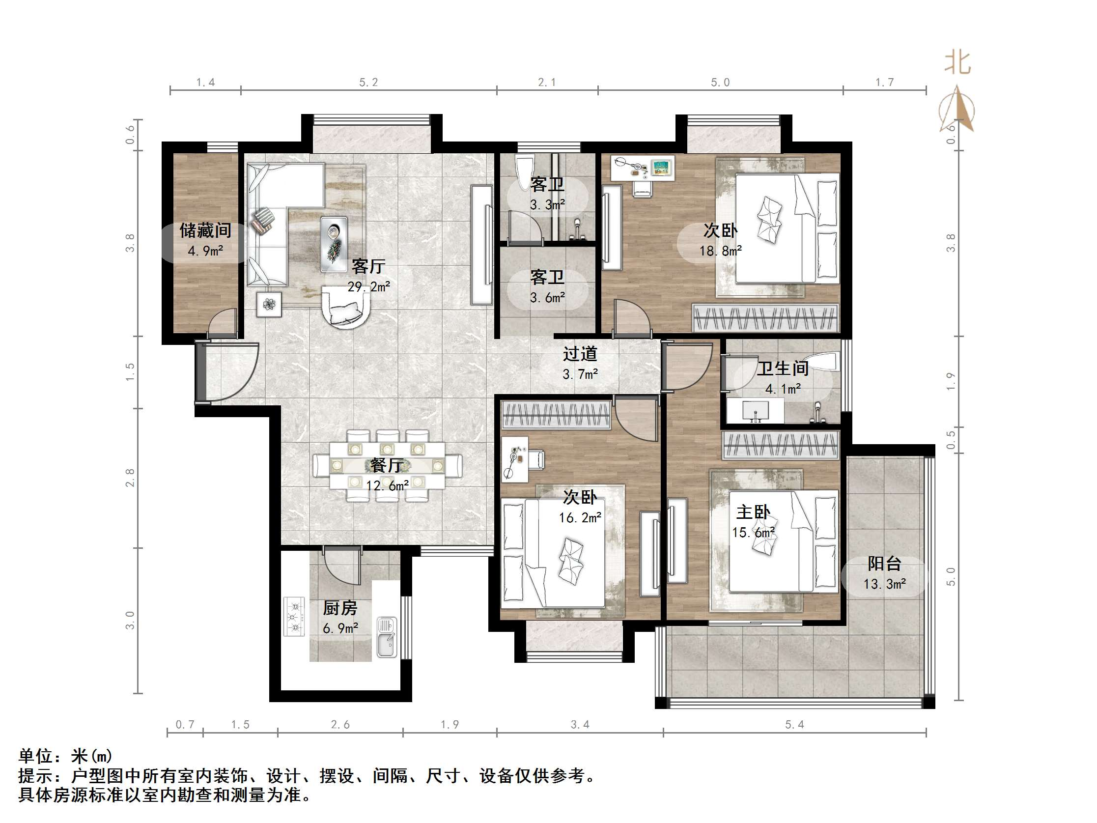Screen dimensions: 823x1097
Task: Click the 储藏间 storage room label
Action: point(205,230)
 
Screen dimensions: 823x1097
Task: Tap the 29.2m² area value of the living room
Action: point(368,287)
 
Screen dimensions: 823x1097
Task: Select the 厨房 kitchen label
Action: point(340,608)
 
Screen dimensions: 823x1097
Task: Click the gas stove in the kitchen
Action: point(294,617)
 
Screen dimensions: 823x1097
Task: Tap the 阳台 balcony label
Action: point(884,564)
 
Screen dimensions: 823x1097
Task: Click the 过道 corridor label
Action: point(580,354)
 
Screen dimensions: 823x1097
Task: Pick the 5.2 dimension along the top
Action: point(368,83)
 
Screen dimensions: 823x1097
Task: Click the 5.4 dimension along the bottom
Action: point(794,725)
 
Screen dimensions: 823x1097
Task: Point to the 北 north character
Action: point(957,63)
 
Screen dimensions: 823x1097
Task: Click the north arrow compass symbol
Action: point(956,110)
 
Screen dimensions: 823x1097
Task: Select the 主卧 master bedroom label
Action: point(753,512)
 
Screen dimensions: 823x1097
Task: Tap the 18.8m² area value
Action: point(720,251)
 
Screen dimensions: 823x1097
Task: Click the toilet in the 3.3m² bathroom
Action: point(525,171)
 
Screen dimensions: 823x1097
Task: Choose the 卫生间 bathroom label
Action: point(782,368)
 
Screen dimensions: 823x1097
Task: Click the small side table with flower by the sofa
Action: point(269,304)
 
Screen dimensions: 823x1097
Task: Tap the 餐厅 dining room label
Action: point(387,465)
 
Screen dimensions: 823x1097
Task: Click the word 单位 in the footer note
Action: point(36,756)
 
